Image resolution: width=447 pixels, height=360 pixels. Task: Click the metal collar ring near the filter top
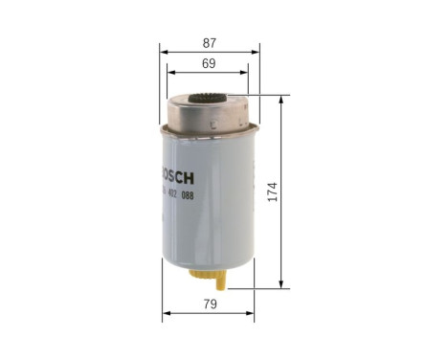(209, 124)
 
